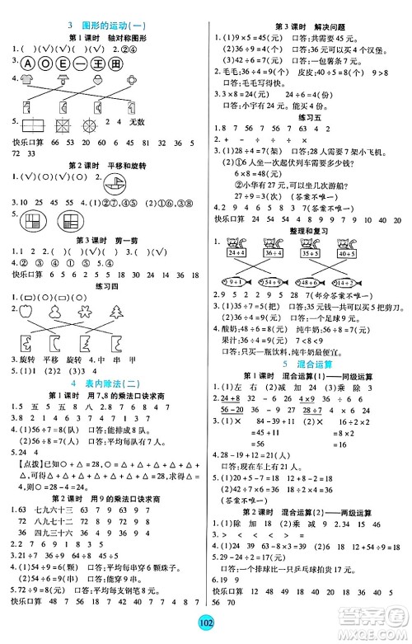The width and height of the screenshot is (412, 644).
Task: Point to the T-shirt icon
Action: pos(26,80)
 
